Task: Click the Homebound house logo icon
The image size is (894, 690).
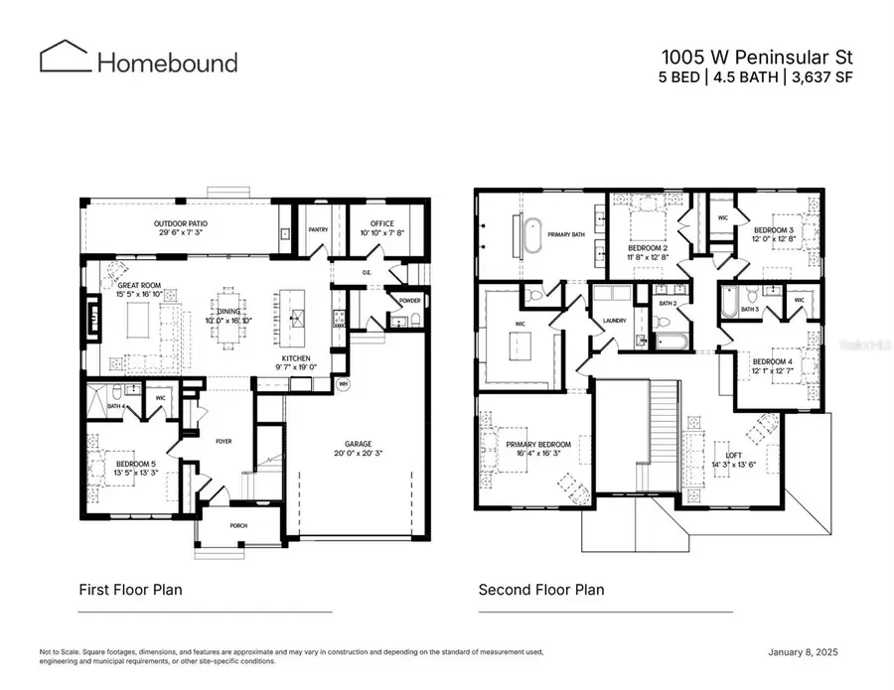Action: tap(65, 57)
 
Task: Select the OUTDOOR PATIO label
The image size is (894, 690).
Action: tap(180, 223)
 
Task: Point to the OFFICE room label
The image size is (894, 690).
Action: tap(382, 223)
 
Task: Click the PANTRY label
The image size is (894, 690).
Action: tap(318, 229)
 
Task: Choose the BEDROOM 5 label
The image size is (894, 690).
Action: tap(136, 464)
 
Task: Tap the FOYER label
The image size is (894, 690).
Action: tap(223, 441)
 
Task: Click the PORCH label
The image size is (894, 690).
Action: tap(237, 525)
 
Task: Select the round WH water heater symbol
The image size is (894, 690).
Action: tap(344, 383)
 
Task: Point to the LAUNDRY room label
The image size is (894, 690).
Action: tap(614, 321)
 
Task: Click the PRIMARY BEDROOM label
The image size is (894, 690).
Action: tap(538, 444)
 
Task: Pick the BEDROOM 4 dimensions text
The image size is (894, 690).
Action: tap(772, 371)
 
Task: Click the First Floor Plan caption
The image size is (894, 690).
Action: tap(130, 590)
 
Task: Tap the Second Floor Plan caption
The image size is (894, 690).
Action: tap(540, 590)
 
